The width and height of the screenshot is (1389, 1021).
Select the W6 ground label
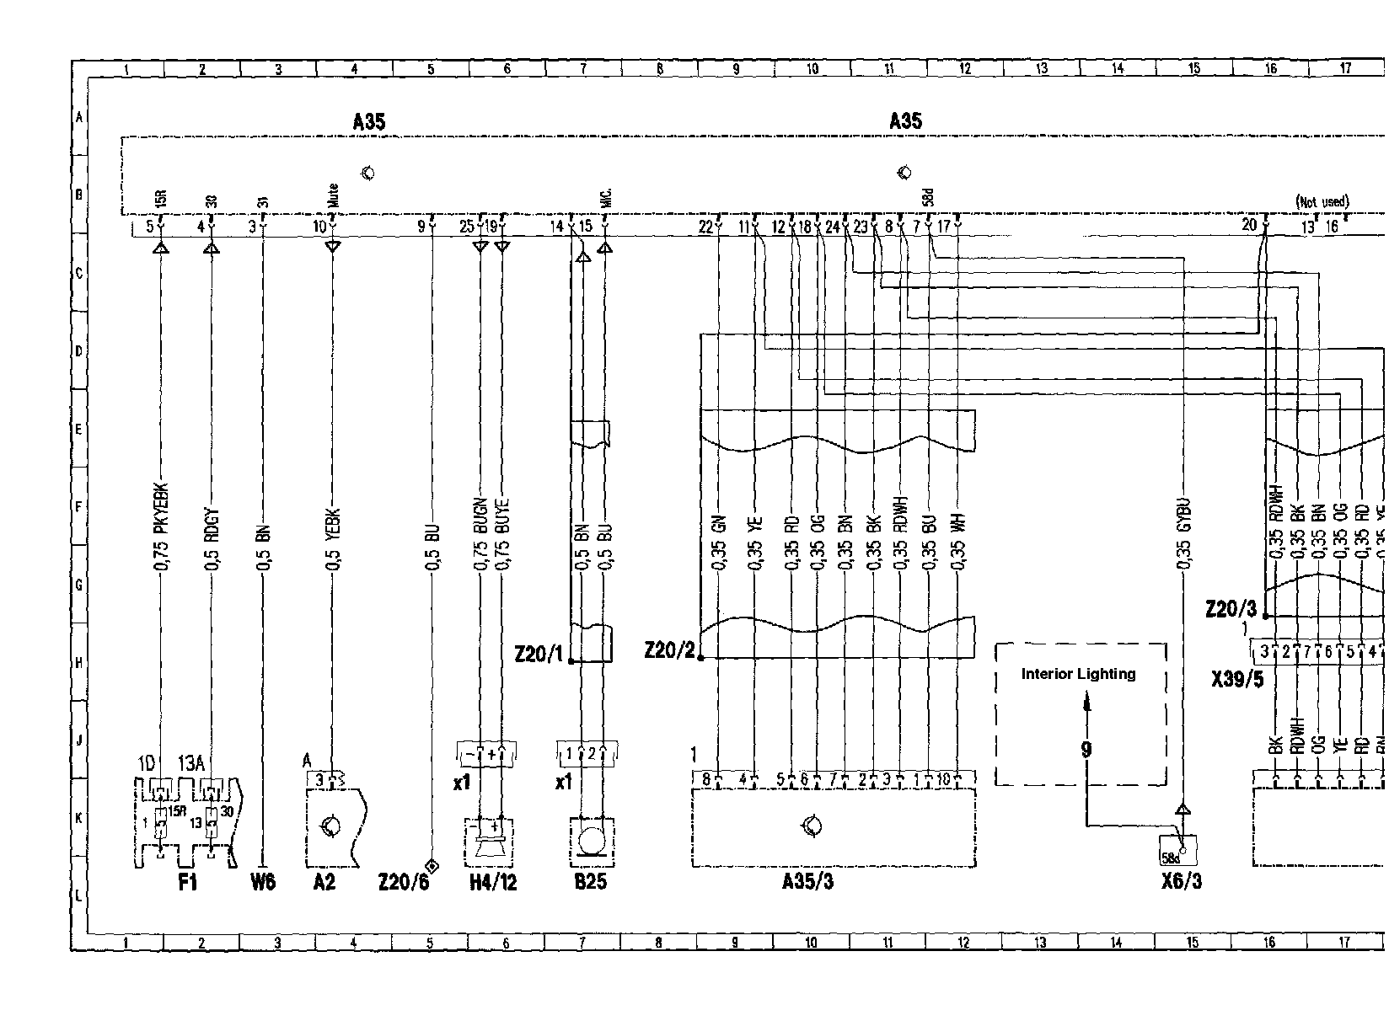(x=263, y=883)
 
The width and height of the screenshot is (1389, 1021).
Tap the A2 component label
(x=324, y=883)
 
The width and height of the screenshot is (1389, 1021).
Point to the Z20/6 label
(x=403, y=883)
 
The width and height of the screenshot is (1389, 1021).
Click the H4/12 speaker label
(x=492, y=883)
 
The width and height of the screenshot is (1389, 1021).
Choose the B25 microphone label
(x=589, y=883)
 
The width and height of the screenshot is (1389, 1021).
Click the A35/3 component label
(x=807, y=882)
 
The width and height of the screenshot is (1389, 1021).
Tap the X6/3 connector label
(x=1181, y=882)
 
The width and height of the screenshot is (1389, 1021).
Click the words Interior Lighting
(x=1078, y=674)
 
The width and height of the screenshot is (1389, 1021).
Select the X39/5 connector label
(x=1236, y=679)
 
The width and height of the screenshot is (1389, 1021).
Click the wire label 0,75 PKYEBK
(x=161, y=527)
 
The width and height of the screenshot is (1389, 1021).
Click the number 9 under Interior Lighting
(x=1086, y=748)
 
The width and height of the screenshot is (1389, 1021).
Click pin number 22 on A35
(x=705, y=226)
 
